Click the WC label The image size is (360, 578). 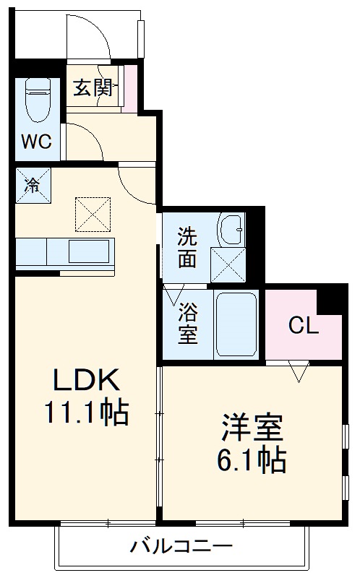point(35,141)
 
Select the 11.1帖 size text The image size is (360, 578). point(85,413)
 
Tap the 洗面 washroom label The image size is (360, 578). point(187,247)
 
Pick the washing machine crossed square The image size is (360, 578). point(227,264)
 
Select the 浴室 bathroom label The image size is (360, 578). point(187,324)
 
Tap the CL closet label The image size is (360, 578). point(303,325)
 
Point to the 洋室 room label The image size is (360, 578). point(251,427)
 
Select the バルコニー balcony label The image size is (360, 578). point(181,547)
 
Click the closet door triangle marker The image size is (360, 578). point(299,372)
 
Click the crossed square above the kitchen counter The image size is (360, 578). point(93,212)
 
